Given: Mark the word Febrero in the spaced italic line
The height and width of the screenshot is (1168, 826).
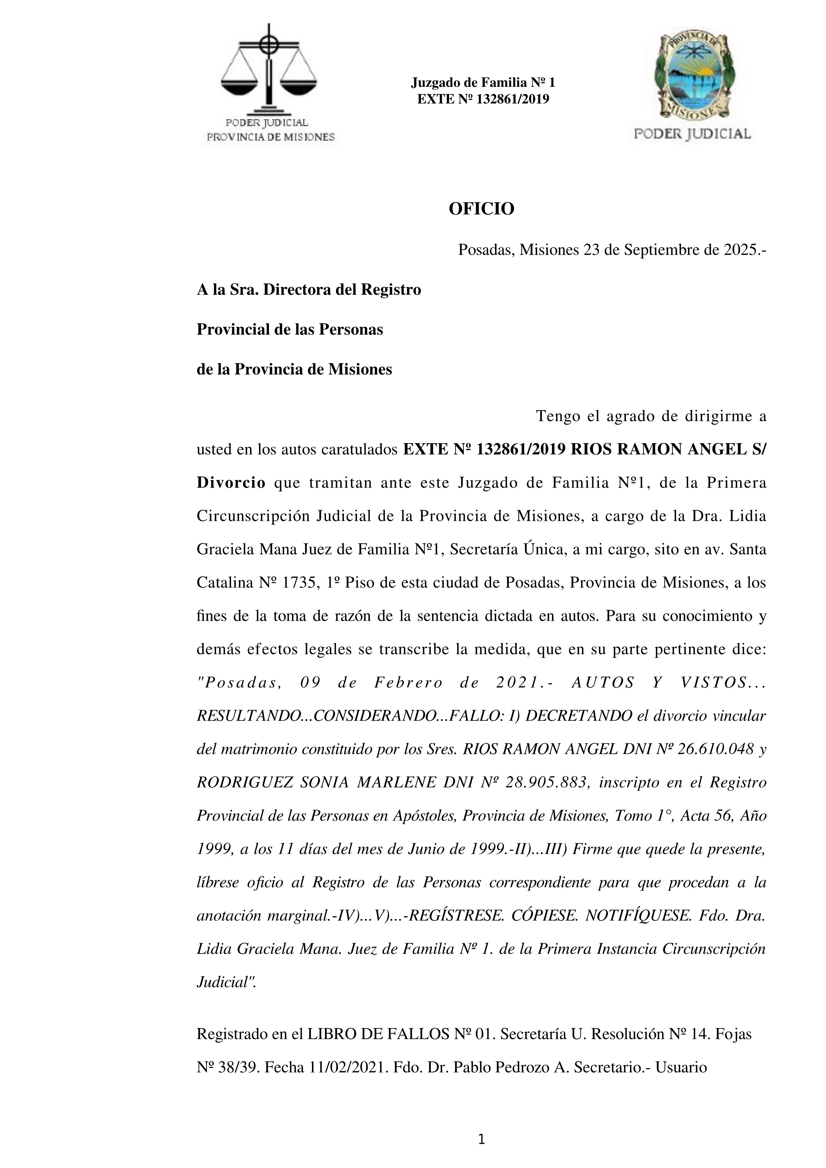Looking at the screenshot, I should coord(409,683).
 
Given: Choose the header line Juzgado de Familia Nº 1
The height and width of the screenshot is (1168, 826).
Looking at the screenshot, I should coord(483,83).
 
